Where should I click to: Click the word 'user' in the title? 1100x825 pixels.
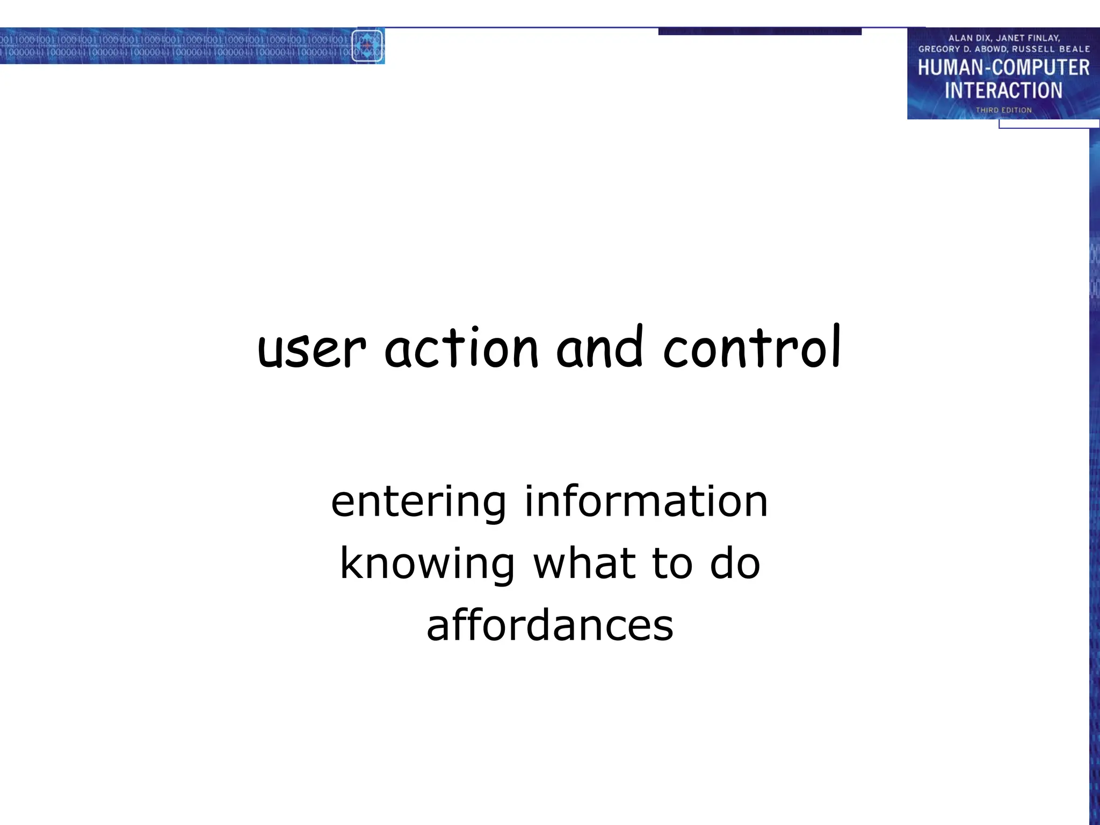[312, 350]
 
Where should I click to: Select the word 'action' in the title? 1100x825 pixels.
[461, 349]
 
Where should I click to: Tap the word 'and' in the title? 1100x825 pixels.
[599, 348]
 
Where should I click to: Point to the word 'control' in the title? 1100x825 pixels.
[752, 348]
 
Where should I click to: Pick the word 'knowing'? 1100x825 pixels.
[428, 565]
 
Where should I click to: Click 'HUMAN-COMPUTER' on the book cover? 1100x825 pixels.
[1003, 68]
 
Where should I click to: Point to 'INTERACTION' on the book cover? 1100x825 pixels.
[1003, 91]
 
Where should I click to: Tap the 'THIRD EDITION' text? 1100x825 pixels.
[1003, 110]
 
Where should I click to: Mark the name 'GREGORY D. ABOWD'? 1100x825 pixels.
[962, 49]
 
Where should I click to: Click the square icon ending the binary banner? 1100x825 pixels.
[367, 46]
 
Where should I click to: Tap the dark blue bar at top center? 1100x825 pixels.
[759, 32]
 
